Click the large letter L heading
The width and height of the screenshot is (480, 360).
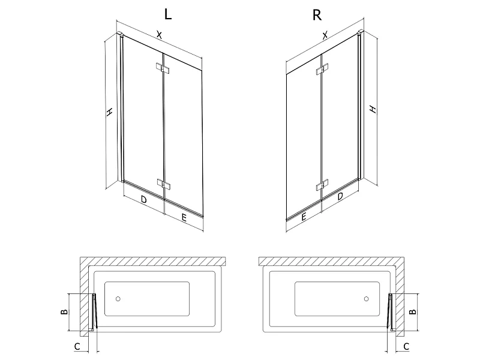pos(168,14)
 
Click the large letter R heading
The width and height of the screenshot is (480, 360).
pos(317,14)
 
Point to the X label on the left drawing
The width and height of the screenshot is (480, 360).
pos(159,35)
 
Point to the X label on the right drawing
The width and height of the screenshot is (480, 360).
pos(325,35)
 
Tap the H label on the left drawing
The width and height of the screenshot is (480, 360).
pos(109,112)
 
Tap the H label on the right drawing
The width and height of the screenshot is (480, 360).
pos(373,109)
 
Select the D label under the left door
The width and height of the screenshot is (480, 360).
pos(143,200)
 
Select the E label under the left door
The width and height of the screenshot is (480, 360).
pos(184,218)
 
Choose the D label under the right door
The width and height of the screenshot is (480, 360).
pos(340,196)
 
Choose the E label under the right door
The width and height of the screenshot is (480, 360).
pos(304,217)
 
